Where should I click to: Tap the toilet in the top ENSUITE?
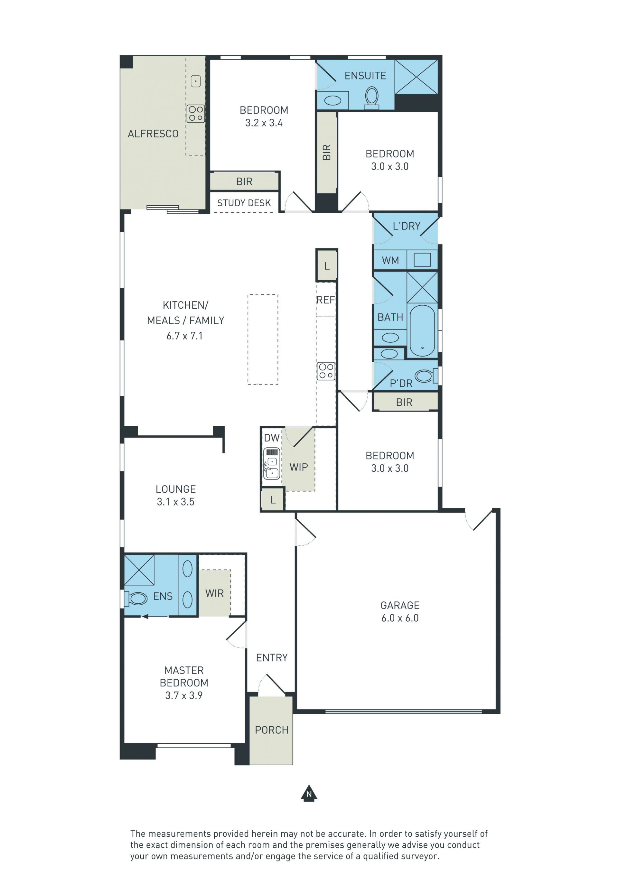tap(372, 98)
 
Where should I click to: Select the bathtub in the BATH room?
tap(422, 330)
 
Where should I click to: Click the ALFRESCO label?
tap(153, 134)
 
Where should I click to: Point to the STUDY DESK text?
tap(244, 203)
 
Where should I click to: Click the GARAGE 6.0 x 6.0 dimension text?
tap(400, 618)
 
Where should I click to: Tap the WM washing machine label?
tap(390, 260)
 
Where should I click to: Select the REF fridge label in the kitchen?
tap(325, 300)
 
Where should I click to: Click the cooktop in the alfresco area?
tap(196, 114)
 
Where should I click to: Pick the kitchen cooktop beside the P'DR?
tap(326, 371)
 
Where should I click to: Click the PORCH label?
tap(271, 730)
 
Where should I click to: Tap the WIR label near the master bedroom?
tap(214, 593)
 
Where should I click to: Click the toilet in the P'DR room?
tap(426, 376)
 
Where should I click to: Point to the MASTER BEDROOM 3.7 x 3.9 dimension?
tap(184, 695)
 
